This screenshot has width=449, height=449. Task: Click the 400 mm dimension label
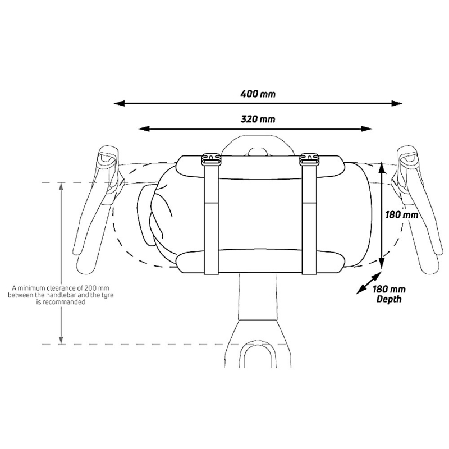tap(258, 94)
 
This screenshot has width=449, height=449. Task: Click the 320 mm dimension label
tap(258, 119)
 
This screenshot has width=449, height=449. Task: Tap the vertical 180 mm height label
tap(401, 214)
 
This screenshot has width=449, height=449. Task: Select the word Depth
tap(389, 300)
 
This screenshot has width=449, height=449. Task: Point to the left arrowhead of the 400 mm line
tap(120, 103)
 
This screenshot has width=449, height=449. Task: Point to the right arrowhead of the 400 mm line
tap(397, 103)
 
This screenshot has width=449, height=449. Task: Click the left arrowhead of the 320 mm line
tap(144, 129)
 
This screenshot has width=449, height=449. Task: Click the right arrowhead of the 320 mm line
tap(366, 129)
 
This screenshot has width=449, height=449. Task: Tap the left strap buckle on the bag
tap(212, 159)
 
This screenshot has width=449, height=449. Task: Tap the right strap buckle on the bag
tap(309, 159)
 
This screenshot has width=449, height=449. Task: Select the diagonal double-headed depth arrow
tap(369, 283)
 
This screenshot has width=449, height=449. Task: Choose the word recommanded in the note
tap(64, 302)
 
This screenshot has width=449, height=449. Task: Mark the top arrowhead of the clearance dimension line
tap(61, 186)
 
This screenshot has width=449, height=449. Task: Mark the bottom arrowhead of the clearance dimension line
tap(61, 340)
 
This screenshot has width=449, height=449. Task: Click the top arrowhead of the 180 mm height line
tap(381, 168)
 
